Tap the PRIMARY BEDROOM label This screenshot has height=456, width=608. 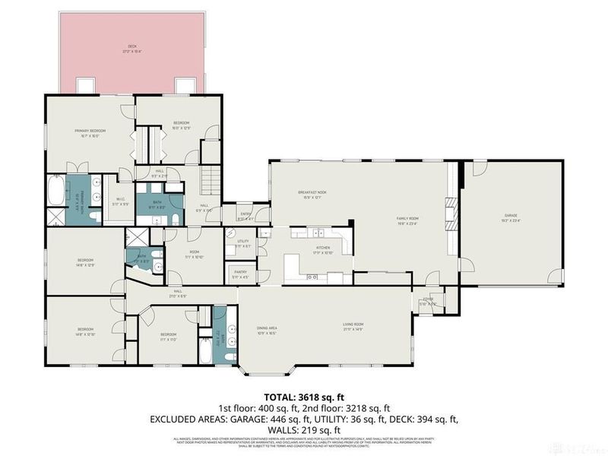pos(89,132)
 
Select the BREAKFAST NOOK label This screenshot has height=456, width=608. pos(312,195)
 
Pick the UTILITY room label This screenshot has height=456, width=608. pos(242,243)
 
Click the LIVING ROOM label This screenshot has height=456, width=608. pos(353,328)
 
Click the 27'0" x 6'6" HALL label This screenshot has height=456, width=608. pos(177,293)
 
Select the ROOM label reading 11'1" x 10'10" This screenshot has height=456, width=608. pos(195,254)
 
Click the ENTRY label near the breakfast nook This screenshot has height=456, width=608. pos(245,217)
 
